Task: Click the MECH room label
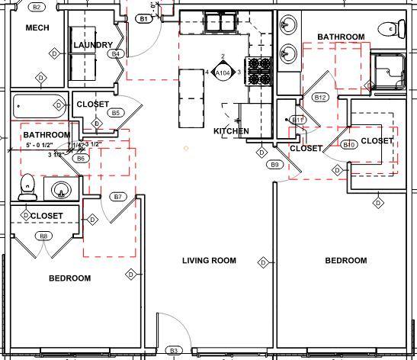coord(37,28)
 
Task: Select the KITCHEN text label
coord(231,131)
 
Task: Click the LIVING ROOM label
coord(209,261)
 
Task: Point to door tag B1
coord(143,18)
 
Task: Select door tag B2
coord(37,7)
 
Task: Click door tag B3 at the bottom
coord(174,351)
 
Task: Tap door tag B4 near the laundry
coord(116,54)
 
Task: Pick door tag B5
coord(116,113)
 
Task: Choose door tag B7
coord(117,197)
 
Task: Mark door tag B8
coord(43,236)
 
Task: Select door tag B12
coord(320,97)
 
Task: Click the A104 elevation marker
coord(223,72)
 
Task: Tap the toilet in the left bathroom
coord(27,186)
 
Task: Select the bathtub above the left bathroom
coord(38,104)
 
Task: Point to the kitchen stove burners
coord(258,71)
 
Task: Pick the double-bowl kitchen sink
coord(217,24)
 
